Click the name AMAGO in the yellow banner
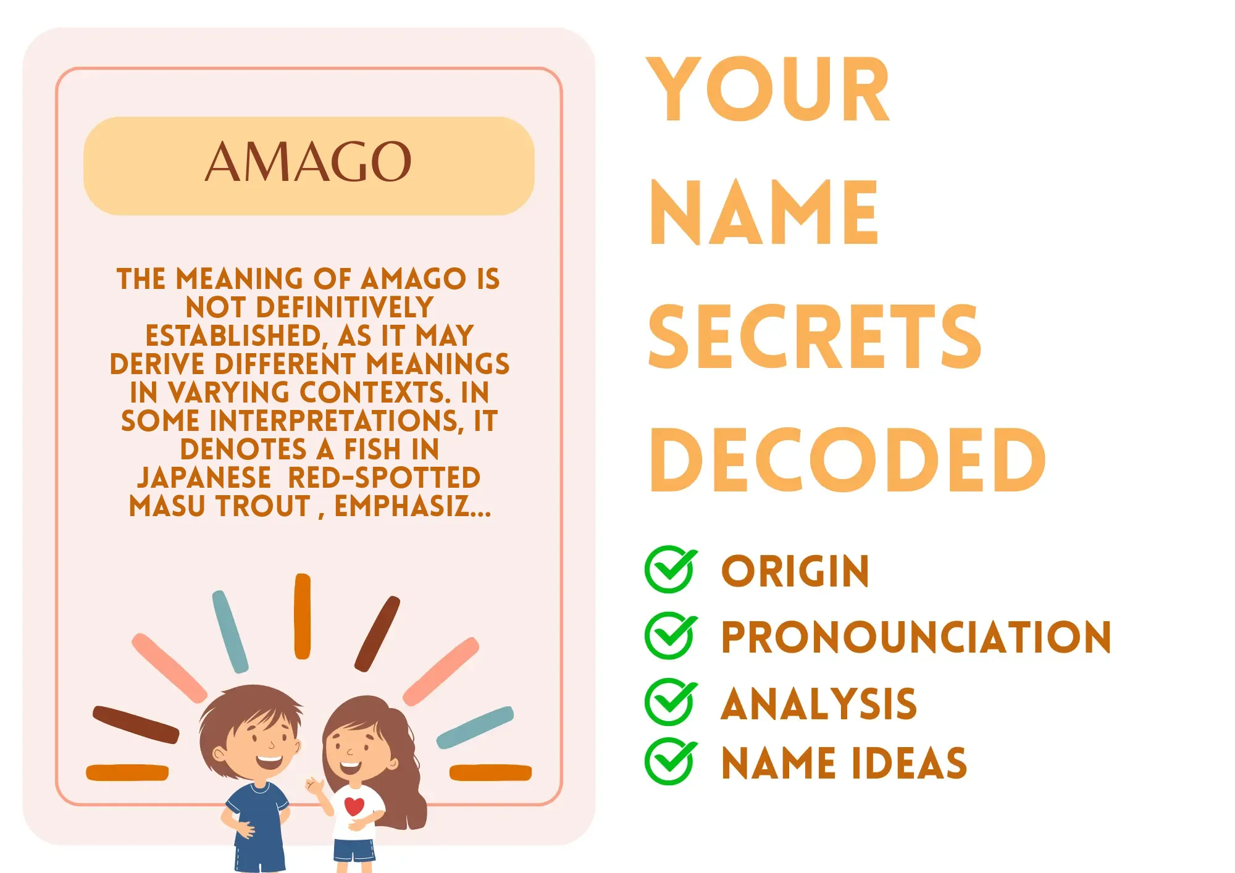click(308, 162)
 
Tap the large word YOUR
click(768, 90)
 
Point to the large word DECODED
click(847, 460)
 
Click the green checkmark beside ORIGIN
click(671, 569)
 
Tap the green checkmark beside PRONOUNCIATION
click(671, 635)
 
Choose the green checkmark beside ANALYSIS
click(671, 701)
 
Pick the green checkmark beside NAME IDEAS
click(671, 761)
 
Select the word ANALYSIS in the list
click(819, 704)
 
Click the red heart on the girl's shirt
click(354, 806)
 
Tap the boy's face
click(259, 744)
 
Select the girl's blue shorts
click(354, 849)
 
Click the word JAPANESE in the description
click(204, 478)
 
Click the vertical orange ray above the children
click(303, 616)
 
